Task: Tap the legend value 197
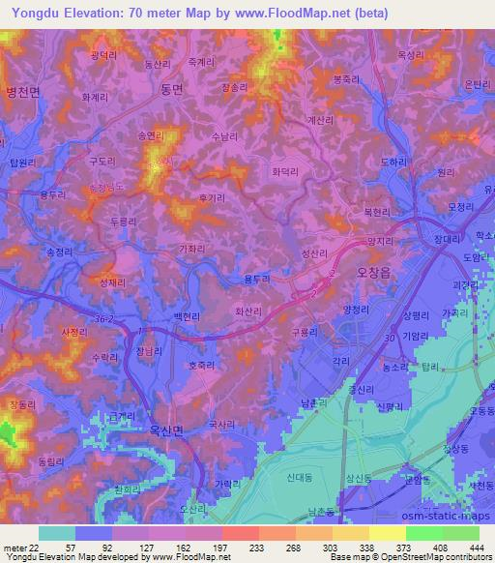221,548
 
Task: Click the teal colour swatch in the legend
57,533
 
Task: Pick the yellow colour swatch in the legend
387,533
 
